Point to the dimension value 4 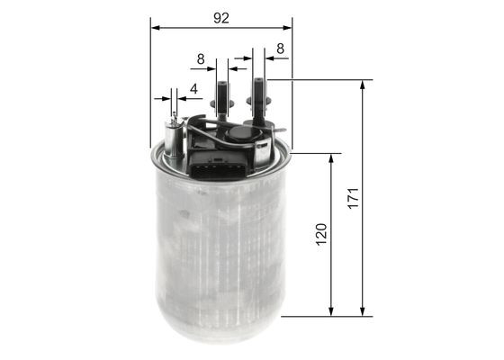pos(193,89)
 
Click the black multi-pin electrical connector pos(213,165)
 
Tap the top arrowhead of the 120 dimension pos(332,158)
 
